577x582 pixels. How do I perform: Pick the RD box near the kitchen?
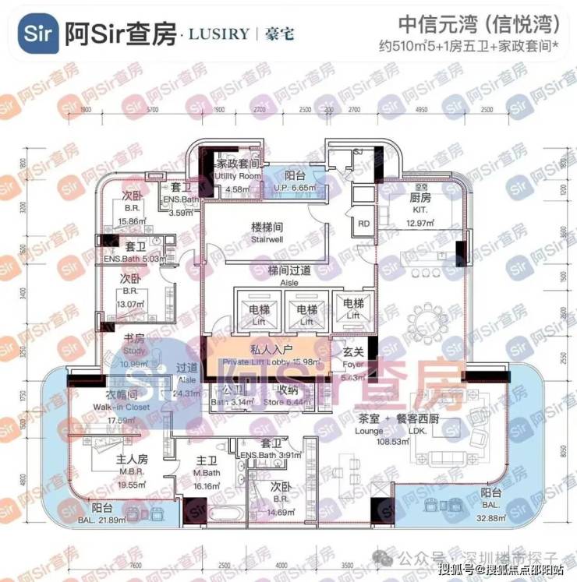click(x=363, y=223)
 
